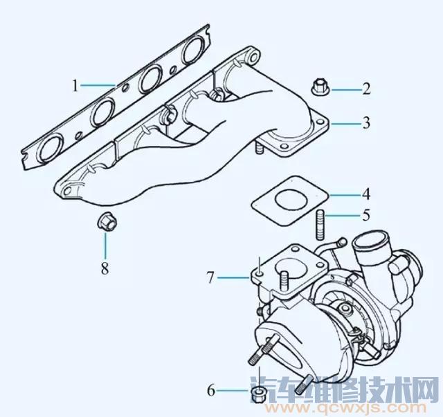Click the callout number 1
75,85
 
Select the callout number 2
366,89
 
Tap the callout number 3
366,123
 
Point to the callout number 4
366,194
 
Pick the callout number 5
366,215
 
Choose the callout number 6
211,391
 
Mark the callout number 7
210,277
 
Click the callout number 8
105,268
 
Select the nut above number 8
107,221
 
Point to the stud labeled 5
320,224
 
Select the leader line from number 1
98,84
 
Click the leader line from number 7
233,277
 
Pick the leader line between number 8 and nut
106,244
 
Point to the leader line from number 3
345,124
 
